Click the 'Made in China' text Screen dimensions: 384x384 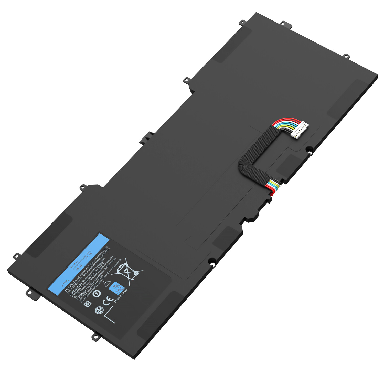(121, 296)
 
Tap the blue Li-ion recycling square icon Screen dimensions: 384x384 (116, 288)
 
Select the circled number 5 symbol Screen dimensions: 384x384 (97, 293)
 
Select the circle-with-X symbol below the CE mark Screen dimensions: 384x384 (99, 311)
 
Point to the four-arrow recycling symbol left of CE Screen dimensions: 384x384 (88, 304)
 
